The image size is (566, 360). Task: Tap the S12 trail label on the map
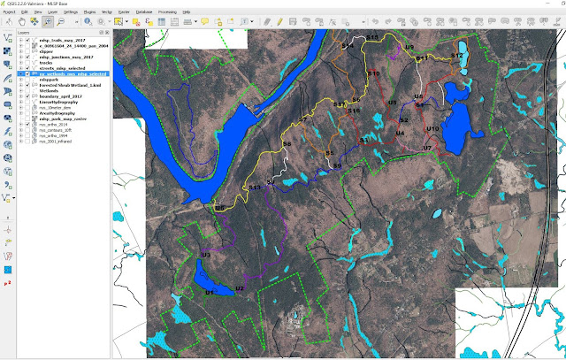coord(457,56)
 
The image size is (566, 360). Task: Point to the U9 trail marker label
coord(409,47)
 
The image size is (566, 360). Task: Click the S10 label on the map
coord(373,73)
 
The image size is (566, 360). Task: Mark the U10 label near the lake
coord(432,128)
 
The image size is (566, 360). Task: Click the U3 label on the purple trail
coord(205,255)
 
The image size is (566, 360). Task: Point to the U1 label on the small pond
coord(210,291)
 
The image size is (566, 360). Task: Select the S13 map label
coord(255,188)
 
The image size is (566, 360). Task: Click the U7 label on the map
coord(427,148)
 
